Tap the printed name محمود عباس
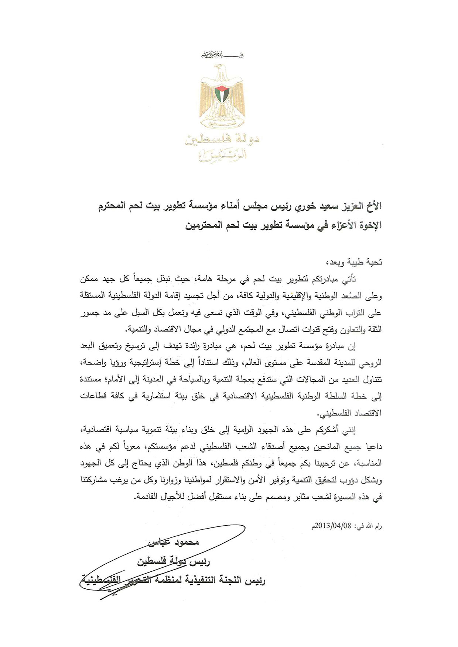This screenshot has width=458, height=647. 174,542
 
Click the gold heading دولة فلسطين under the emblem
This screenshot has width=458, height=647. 222,140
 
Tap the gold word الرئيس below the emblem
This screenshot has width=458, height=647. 222,156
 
